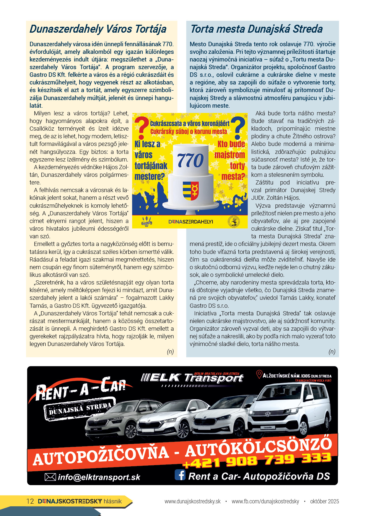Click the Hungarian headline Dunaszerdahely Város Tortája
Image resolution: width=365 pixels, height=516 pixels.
pyautogui.click(x=98, y=29)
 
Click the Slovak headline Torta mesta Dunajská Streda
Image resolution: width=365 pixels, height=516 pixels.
pyautogui.click(x=256, y=29)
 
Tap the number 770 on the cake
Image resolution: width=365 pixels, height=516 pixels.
pyautogui.click(x=190, y=160)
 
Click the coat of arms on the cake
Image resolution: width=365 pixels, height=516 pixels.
pyautogui.click(x=190, y=190)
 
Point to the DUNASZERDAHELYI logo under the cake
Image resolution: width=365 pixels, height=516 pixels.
pyautogui.click(x=191, y=222)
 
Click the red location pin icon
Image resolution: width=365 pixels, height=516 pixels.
pyautogui.click(x=259, y=374)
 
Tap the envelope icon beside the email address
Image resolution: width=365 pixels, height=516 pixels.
pyautogui.click(x=50, y=477)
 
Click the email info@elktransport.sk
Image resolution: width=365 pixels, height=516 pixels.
pyautogui.click(x=99, y=477)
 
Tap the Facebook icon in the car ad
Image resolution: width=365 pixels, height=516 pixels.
pyautogui.click(x=180, y=475)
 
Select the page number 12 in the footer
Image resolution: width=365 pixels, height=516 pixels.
pyautogui.click(x=30, y=501)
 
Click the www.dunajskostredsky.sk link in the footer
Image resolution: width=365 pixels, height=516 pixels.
pyautogui.click(x=193, y=501)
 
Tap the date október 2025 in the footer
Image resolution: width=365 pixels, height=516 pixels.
pyautogui.click(x=324, y=501)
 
